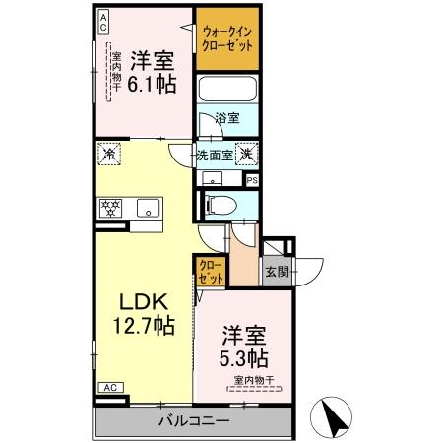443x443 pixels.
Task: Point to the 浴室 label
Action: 227,118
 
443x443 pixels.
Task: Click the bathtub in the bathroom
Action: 228,91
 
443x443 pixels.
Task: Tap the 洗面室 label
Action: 214,154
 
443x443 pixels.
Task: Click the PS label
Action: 252,180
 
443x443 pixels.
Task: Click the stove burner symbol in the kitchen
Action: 108,207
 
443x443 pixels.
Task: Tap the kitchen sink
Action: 149,207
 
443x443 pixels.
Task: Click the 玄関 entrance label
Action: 274,272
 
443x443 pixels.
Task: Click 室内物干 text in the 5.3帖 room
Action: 253,380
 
